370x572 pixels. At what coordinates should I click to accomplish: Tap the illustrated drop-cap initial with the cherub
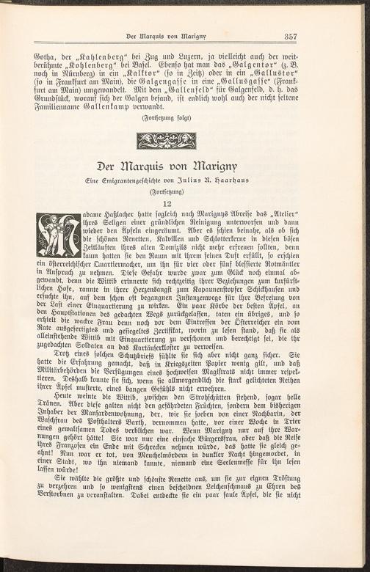coord(58,235)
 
